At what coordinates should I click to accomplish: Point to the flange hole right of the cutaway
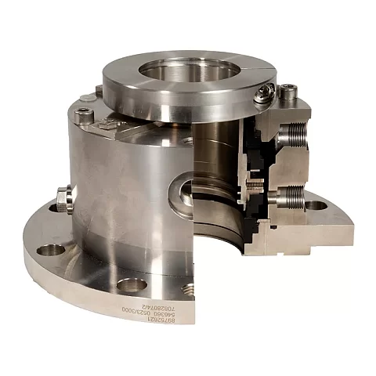point(316,205)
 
